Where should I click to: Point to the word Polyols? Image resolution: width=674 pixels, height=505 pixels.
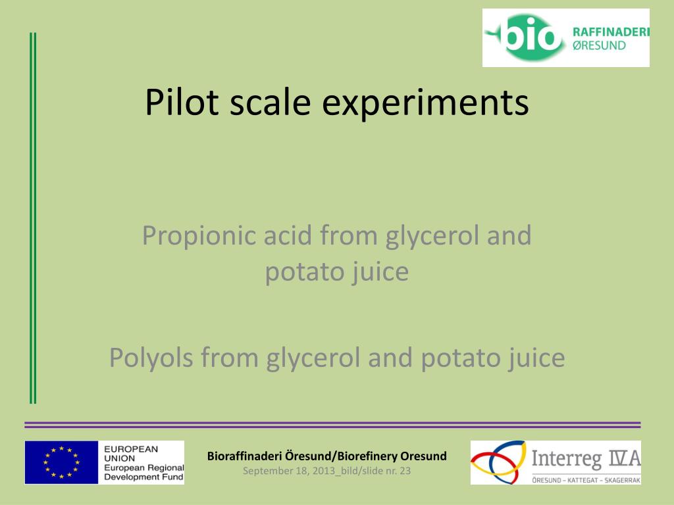coord(151,358)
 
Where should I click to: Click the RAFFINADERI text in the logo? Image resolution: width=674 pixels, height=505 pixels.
coord(611,32)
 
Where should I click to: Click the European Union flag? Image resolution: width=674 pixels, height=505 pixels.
coord(61,462)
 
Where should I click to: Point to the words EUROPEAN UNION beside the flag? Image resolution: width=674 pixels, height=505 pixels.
coord(131,453)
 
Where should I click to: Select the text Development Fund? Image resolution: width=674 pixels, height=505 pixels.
coord(144,476)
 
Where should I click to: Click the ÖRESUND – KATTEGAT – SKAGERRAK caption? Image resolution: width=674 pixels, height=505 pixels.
coord(585,481)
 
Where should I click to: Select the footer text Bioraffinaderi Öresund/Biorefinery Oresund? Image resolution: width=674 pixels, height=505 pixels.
coord(326,456)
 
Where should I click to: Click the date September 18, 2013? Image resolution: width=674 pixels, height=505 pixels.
coord(289,470)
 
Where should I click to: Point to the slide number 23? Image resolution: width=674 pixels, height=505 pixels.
coord(405,470)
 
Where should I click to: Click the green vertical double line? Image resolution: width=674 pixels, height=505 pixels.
coord(33,217)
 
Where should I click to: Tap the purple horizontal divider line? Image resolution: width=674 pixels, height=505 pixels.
coord(332,425)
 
